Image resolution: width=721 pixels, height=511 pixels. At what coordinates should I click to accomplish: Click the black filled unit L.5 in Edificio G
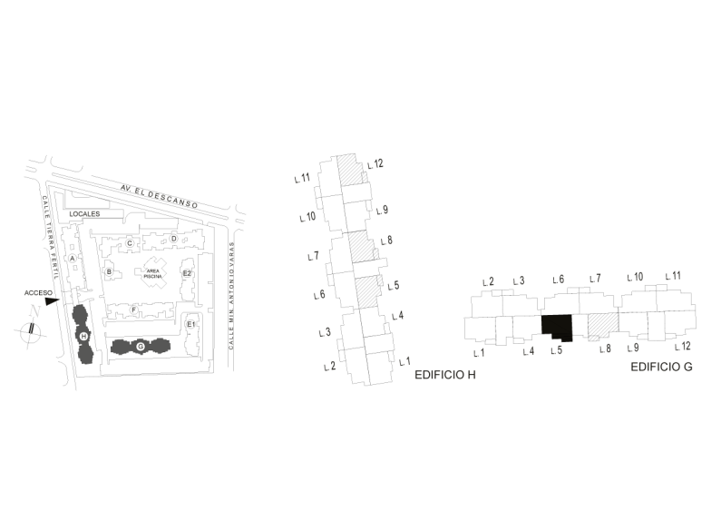click(557, 326)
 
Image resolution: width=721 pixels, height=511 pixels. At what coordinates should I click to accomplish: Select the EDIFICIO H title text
click(445, 375)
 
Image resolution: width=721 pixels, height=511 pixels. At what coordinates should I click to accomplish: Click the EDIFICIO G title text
click(661, 367)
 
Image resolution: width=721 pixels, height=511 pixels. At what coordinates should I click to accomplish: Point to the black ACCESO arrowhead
click(52, 301)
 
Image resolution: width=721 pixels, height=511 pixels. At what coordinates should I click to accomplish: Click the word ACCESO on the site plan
click(38, 293)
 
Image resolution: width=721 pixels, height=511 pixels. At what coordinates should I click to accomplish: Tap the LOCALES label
click(84, 214)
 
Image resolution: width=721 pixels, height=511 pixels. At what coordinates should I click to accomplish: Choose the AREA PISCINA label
click(152, 273)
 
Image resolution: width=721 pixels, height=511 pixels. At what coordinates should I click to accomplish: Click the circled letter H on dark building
click(83, 336)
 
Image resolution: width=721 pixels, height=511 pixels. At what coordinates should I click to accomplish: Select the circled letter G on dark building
click(141, 346)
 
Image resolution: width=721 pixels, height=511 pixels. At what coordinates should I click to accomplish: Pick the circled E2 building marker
click(187, 273)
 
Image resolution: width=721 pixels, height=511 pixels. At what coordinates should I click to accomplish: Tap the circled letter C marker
click(130, 243)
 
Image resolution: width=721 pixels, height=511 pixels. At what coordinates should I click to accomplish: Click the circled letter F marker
click(134, 310)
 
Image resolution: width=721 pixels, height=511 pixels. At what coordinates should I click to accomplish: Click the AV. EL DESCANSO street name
click(159, 197)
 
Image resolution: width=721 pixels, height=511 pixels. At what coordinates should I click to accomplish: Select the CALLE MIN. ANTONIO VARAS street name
click(231, 296)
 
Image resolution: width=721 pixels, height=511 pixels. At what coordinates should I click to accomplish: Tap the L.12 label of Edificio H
click(375, 164)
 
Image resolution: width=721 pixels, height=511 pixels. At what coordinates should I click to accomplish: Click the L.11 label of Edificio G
click(673, 276)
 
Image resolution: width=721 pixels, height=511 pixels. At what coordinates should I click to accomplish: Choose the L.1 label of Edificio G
click(479, 353)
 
